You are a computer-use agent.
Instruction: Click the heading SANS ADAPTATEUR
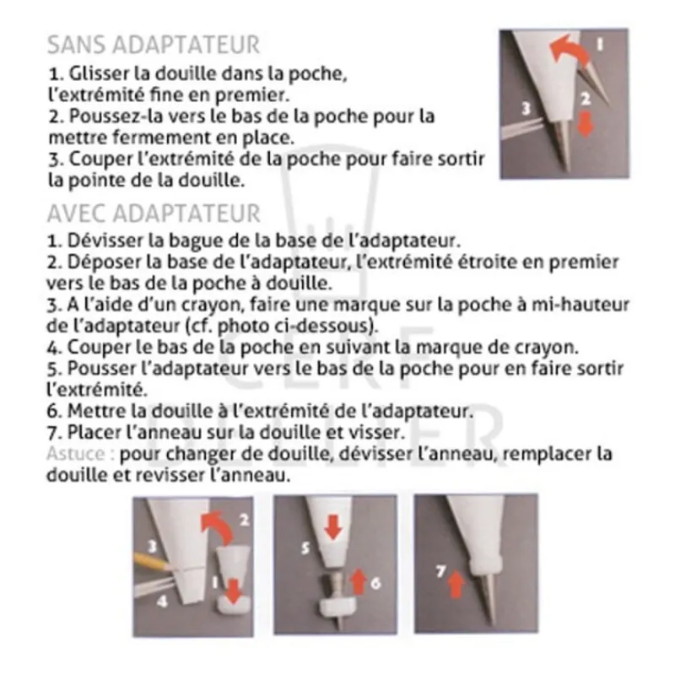pos(153,45)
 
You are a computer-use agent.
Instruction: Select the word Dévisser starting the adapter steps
pos(103,241)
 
